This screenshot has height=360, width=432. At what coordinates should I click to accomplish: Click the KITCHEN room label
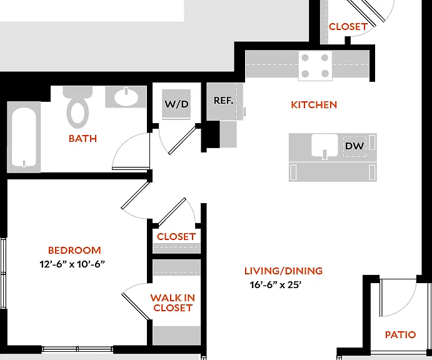tap(314, 104)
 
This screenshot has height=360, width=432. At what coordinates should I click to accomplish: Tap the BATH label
tap(83, 138)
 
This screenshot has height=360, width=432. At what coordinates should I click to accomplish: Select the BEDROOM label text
tap(74, 250)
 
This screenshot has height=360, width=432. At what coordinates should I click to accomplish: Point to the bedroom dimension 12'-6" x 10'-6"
tap(72, 264)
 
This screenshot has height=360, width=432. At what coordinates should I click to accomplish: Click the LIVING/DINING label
tap(283, 271)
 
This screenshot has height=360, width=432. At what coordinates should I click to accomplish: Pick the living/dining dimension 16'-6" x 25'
tap(276, 284)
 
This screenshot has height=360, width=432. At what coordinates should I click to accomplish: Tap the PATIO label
tap(400, 334)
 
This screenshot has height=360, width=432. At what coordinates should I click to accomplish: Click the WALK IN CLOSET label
tap(173, 302)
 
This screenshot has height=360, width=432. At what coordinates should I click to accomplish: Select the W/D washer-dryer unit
tap(176, 104)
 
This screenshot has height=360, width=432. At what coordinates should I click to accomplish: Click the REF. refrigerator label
tap(223, 100)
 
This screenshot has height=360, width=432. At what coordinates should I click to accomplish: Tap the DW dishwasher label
tap(354, 146)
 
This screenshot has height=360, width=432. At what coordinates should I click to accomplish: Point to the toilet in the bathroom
tap(78, 107)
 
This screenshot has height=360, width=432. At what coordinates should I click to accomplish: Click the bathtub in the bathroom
tap(24, 137)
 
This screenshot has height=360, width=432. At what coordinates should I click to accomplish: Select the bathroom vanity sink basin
tap(126, 97)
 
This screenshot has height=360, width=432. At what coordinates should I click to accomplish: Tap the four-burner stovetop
tap(315, 66)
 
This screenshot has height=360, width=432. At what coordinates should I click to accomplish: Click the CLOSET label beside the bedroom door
tap(176, 236)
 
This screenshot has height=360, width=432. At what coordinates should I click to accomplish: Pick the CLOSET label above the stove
tap(348, 27)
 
